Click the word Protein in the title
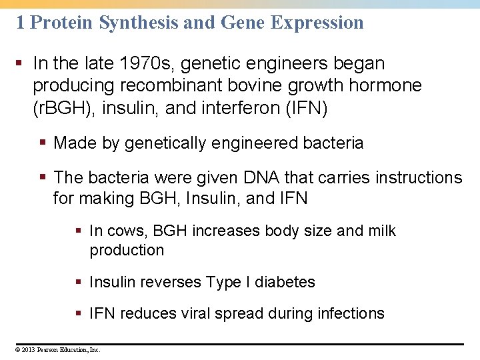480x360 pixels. (62, 23)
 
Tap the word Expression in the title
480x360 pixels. (317, 23)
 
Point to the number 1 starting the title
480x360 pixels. (21, 23)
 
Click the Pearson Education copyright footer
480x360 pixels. (59, 349)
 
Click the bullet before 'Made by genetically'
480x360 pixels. (43, 143)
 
